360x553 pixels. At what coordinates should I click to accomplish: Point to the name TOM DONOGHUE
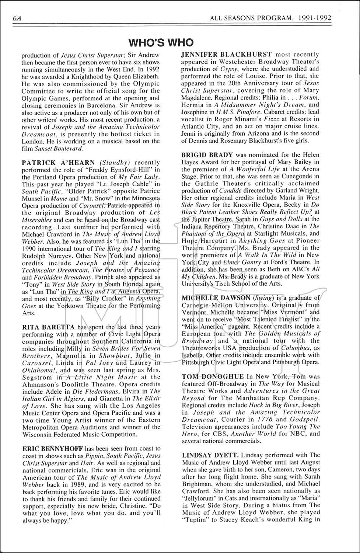coord(213,376)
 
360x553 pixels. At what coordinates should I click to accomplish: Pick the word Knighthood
coord(77,76)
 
